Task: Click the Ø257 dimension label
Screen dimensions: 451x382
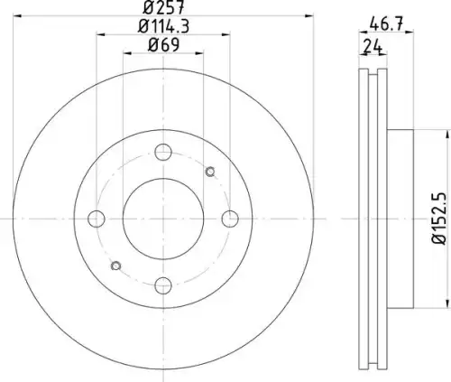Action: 163,7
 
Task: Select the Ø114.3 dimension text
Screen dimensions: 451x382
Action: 163,26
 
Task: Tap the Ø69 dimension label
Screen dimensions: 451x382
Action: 163,45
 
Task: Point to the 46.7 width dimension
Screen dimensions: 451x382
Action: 386,23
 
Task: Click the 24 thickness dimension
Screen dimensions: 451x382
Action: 373,47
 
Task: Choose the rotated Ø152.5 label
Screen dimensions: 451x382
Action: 439,219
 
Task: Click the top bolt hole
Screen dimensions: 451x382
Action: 163,152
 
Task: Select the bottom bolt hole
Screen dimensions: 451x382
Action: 163,285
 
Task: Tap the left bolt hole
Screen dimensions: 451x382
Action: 97,219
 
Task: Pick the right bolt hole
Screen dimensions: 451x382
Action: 230,219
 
